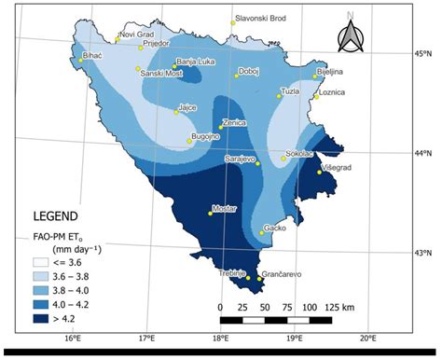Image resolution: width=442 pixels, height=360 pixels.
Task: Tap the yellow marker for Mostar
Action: click(210, 214)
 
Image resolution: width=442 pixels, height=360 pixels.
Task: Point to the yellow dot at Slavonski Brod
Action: click(232, 23)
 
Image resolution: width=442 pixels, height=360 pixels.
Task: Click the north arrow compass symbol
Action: click(352, 37)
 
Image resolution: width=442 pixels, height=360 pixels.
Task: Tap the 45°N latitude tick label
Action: click(424, 54)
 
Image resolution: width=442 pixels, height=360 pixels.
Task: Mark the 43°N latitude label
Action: click(424, 253)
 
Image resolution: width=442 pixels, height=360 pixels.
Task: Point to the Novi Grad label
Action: click(135, 35)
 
